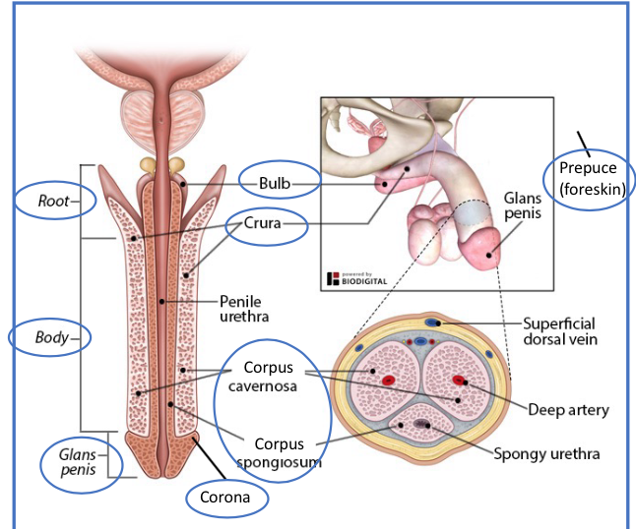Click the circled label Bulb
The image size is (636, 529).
click(x=273, y=182)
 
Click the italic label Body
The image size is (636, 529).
click(x=50, y=337)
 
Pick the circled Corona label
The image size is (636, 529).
click(x=226, y=497)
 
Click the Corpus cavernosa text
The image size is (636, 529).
click(x=267, y=375)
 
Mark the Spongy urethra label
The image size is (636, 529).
click(x=546, y=454)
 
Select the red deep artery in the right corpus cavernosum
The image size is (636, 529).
click(x=458, y=379)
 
